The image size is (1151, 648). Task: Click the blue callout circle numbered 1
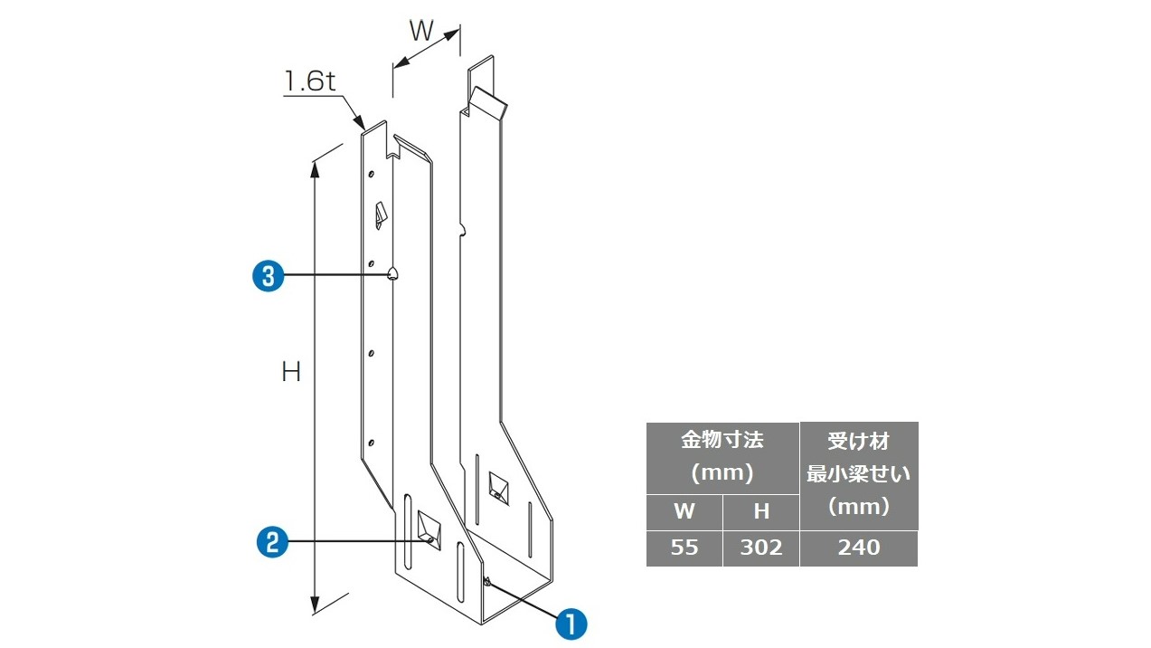click(x=571, y=624)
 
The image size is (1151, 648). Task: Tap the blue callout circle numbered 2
click(x=272, y=541)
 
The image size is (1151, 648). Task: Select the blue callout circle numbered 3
click(x=269, y=276)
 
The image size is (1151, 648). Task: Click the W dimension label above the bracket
click(x=421, y=31)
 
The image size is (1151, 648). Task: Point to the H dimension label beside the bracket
click(x=291, y=372)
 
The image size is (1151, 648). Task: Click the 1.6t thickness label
click(x=310, y=81)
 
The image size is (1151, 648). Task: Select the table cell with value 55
click(x=684, y=548)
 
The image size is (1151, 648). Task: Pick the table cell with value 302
click(x=761, y=548)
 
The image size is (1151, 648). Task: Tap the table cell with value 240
click(x=859, y=548)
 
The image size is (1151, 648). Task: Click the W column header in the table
click(x=684, y=511)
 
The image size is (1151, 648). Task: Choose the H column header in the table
click(x=761, y=511)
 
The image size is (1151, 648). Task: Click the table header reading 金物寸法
click(x=722, y=440)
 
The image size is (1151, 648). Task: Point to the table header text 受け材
click(x=858, y=442)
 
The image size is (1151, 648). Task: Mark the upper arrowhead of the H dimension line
click(x=315, y=170)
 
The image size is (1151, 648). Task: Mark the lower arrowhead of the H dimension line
click(x=315, y=605)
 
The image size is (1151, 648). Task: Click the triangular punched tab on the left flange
click(x=381, y=215)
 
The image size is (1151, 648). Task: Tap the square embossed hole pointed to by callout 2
click(x=429, y=530)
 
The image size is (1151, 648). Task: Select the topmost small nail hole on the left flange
click(x=372, y=174)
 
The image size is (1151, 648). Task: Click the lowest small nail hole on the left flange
click(x=371, y=443)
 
